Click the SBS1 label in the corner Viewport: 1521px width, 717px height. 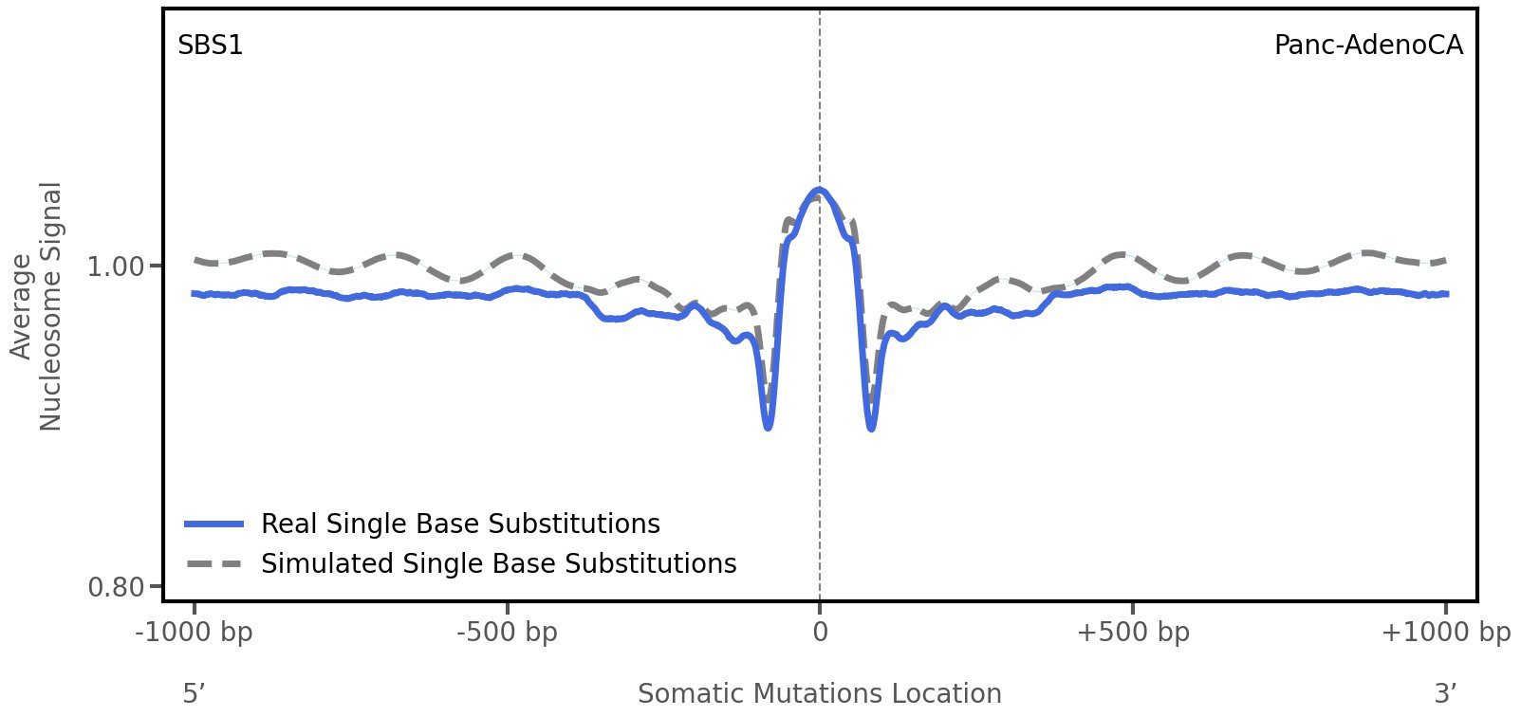click(x=211, y=45)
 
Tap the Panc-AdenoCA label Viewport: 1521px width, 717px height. click(x=1367, y=45)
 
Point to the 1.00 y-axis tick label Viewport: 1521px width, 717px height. click(x=116, y=267)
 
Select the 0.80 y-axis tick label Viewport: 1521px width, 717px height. click(x=116, y=588)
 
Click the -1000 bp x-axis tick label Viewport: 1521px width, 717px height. click(x=195, y=633)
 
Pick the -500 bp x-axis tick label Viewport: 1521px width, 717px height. click(x=507, y=633)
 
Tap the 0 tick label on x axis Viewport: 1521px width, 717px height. click(x=820, y=633)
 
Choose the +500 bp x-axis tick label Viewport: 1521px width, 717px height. click(x=1133, y=633)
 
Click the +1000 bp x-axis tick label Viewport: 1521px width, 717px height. click(x=1445, y=633)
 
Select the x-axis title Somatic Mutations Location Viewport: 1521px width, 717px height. click(x=820, y=694)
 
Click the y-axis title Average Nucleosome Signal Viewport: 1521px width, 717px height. click(x=36, y=305)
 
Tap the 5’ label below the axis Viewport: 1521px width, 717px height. click(x=194, y=694)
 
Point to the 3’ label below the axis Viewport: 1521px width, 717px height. click(x=1445, y=694)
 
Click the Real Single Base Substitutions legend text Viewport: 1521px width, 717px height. click(x=460, y=524)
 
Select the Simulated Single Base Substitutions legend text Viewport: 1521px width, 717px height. click(x=498, y=563)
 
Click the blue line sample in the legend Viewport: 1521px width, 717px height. click(x=215, y=524)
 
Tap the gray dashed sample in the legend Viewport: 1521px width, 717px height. click(x=215, y=563)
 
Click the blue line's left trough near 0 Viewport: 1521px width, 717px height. click(x=768, y=428)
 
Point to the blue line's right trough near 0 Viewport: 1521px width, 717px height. click(x=871, y=429)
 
